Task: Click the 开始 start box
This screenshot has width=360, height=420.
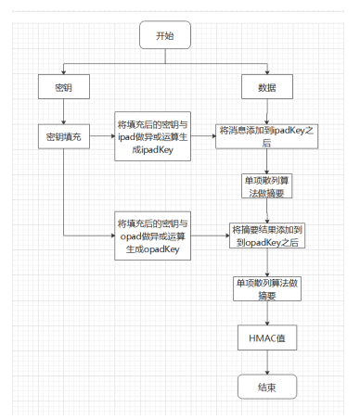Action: (163, 36)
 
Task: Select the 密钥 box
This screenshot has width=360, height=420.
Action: (61, 88)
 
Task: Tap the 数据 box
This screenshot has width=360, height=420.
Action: (266, 88)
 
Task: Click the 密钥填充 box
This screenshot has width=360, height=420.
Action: (61, 136)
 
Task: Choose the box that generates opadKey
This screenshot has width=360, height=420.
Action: (152, 237)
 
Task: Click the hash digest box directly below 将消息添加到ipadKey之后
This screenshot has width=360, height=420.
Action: (268, 185)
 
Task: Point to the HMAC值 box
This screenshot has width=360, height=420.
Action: (268, 338)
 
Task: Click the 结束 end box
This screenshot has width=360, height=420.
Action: (268, 385)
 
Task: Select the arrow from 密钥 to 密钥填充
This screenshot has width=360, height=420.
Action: (61, 111)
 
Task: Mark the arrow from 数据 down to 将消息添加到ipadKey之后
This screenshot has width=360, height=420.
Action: (266, 111)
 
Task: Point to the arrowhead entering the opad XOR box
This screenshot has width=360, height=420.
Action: (110, 237)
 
